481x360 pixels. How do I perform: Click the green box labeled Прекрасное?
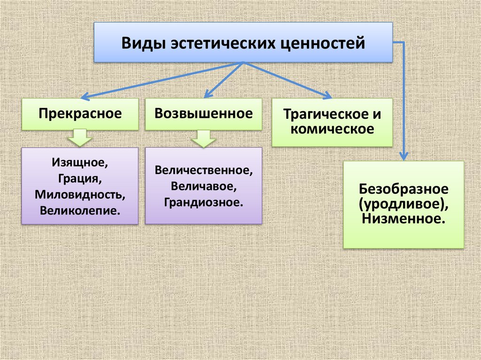(80, 114)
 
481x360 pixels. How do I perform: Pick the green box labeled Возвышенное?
(203, 114)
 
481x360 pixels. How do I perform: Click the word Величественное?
(203, 170)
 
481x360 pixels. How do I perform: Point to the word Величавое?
(203, 186)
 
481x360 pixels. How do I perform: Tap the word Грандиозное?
(203, 202)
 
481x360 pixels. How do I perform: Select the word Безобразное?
(403, 190)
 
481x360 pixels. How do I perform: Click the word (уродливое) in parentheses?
(403, 204)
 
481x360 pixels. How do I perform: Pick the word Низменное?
(403, 219)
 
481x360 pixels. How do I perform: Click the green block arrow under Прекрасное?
(80, 138)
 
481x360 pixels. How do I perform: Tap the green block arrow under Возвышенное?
(203, 138)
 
